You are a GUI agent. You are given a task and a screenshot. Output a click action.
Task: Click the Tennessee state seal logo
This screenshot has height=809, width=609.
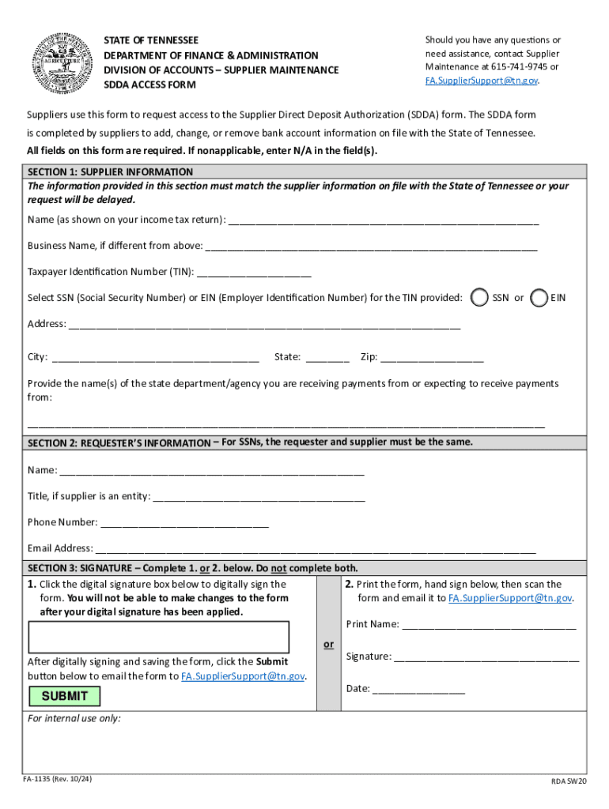[x=62, y=62]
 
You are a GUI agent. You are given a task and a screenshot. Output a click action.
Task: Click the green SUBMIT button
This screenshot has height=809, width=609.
[x=65, y=696]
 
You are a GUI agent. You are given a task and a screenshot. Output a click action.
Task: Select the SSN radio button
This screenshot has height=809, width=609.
[x=478, y=298]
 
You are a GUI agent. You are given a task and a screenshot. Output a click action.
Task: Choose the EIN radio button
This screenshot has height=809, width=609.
[x=539, y=298]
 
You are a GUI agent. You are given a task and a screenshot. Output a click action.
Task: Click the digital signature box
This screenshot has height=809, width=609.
[x=158, y=637]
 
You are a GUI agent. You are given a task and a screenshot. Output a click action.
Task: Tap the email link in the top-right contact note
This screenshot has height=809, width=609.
[x=482, y=81]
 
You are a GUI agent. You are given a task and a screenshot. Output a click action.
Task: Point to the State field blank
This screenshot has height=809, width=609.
[x=327, y=358]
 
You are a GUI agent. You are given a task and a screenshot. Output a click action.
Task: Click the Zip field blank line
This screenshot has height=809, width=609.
[x=432, y=358]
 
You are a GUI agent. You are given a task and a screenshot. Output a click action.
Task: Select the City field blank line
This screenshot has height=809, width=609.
[x=155, y=358]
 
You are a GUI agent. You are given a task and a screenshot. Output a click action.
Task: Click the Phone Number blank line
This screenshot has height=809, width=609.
[x=184, y=523]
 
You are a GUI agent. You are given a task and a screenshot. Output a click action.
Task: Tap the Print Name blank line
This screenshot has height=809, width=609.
[x=489, y=625]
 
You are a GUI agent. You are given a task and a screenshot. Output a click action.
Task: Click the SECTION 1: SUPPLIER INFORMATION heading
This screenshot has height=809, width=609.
[x=110, y=171]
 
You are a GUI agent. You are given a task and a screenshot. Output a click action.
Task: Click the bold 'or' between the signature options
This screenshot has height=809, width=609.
[x=328, y=645]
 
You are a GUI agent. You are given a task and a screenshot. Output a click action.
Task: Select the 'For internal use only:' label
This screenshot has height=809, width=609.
[x=74, y=719]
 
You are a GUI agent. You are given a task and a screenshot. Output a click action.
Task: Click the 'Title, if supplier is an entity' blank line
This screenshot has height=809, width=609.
[x=259, y=497]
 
